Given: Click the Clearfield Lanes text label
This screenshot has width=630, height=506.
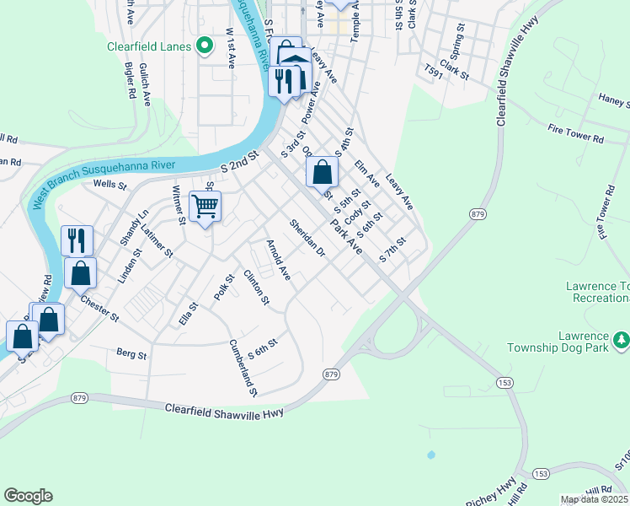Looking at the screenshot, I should (148, 47).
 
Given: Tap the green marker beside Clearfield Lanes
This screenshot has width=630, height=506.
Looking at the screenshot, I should (203, 46).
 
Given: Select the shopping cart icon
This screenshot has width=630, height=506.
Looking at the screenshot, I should (206, 206).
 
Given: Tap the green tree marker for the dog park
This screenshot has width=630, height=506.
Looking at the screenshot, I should (622, 339).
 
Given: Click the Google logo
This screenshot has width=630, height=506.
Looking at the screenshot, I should (28, 496).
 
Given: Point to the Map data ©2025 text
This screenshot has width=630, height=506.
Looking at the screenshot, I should (595, 499).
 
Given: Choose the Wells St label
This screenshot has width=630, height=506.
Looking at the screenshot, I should (109, 184).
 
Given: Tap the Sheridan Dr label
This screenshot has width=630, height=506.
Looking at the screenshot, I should (307, 239).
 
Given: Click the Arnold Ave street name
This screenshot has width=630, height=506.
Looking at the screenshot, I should (278, 261).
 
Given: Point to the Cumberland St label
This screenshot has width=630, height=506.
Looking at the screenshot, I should (243, 368).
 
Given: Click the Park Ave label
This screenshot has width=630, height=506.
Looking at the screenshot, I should (346, 239).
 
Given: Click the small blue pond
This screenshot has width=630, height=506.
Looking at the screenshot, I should (431, 455).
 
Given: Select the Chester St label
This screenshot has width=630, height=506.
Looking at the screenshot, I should (99, 305).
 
